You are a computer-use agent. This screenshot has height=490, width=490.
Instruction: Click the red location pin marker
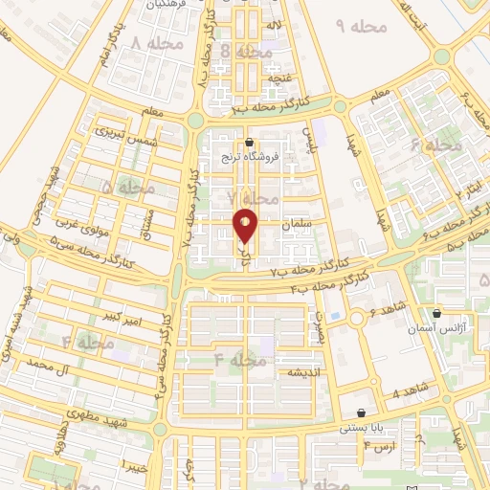[246, 224]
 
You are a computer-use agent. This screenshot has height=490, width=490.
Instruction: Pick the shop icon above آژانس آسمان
[437, 312]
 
